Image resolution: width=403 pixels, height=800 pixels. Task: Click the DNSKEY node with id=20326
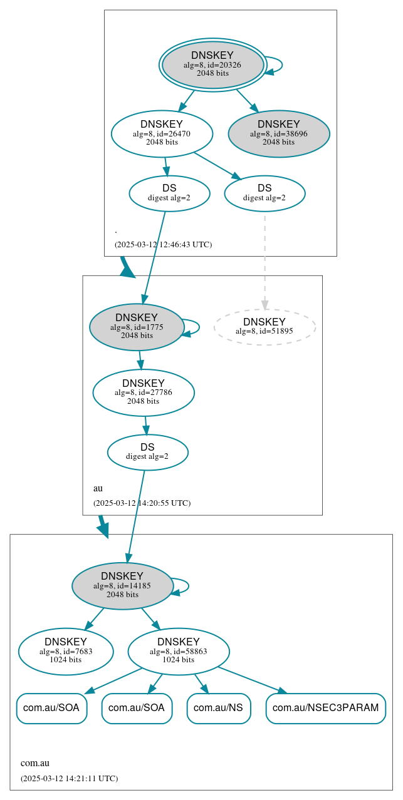212,64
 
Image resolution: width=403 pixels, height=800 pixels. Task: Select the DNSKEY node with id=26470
162,133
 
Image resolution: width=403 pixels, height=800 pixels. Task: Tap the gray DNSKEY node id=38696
279,133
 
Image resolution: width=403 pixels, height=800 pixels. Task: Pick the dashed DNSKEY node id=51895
264,327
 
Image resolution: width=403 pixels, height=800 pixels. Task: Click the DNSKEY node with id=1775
137,327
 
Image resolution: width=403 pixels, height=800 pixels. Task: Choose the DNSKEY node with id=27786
144,392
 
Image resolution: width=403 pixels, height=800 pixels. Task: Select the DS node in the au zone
147,452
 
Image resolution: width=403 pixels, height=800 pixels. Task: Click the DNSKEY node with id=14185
122,586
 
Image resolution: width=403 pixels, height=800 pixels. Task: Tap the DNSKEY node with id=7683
66,651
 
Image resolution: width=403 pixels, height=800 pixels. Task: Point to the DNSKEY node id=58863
179,651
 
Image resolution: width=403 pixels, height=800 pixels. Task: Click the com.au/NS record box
219,708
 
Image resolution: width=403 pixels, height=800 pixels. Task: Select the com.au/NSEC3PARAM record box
325,708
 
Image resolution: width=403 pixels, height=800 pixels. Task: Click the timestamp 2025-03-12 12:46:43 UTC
163,245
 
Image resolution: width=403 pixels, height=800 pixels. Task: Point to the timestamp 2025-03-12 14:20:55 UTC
142,503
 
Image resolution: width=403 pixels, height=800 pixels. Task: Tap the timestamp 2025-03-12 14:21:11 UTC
69,779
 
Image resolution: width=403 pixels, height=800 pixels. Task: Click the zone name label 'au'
98,488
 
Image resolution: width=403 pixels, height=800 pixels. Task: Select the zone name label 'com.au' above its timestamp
35,763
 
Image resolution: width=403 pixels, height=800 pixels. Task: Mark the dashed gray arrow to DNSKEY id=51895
264,257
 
